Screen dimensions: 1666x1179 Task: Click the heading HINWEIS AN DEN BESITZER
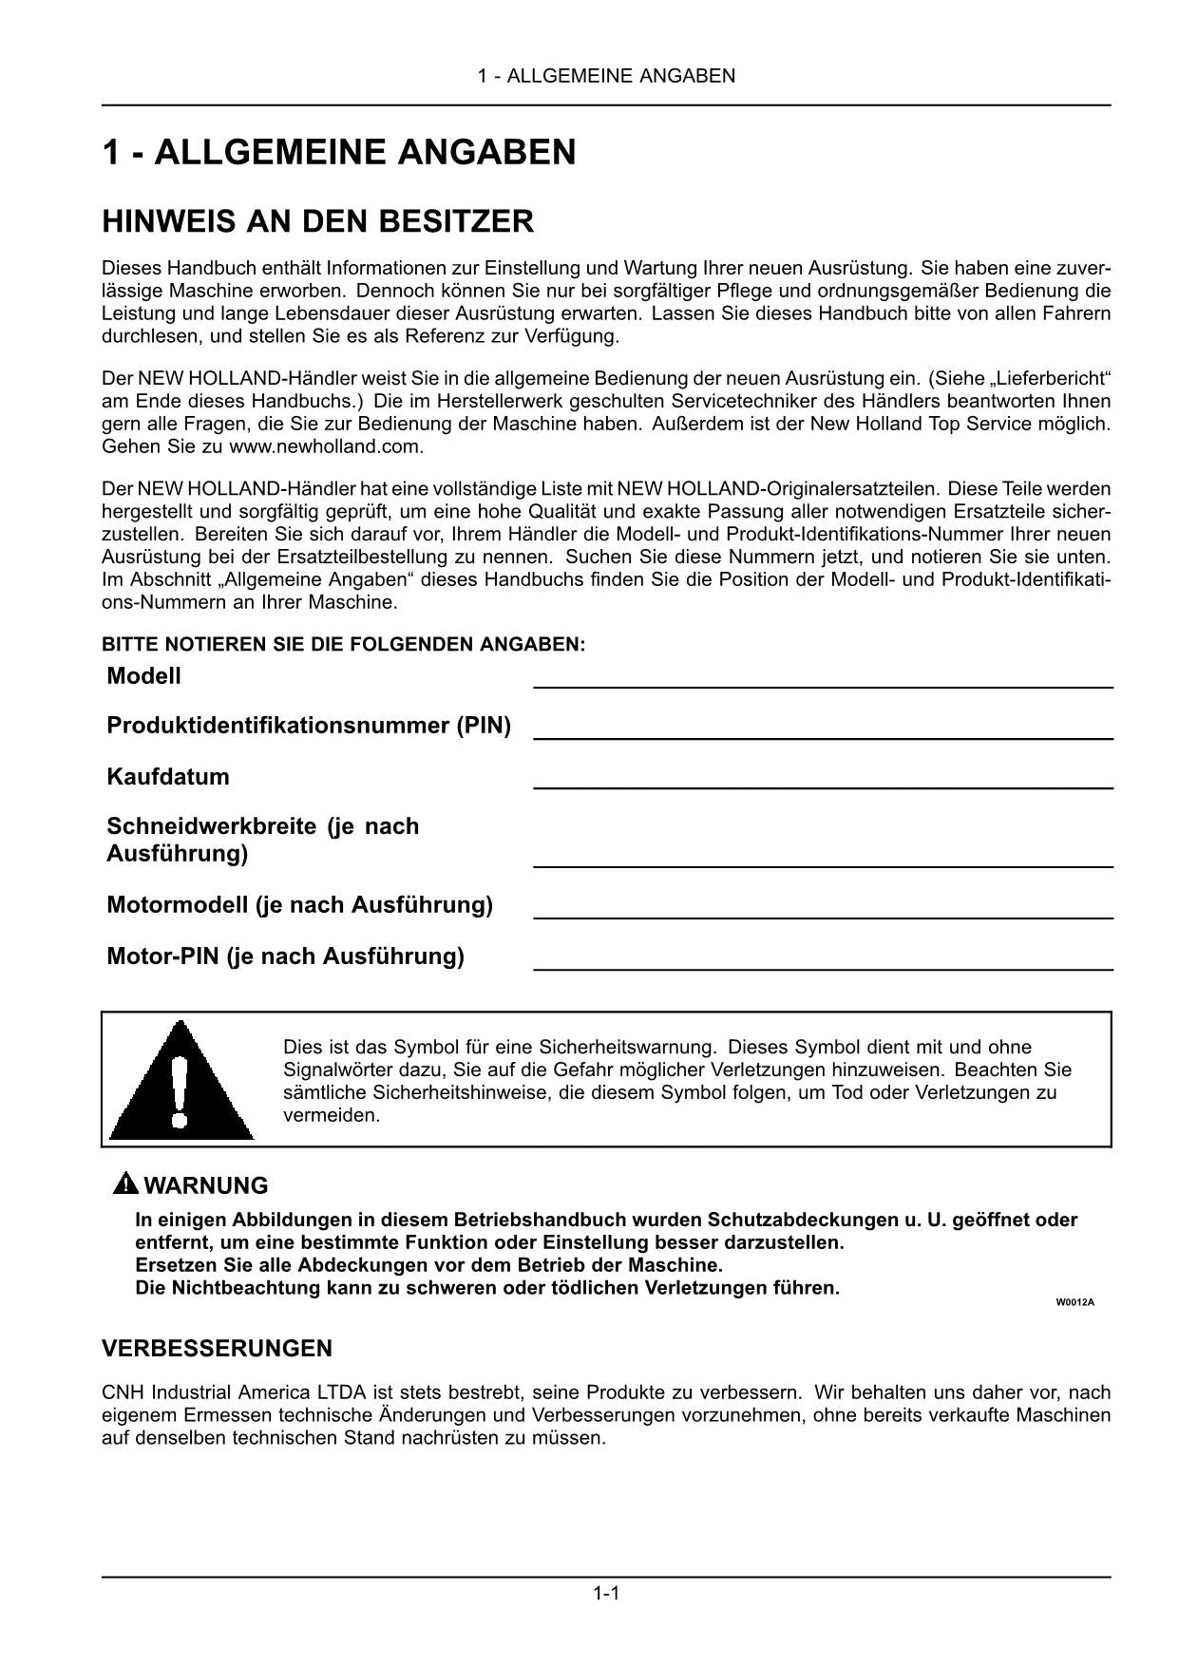(x=317, y=222)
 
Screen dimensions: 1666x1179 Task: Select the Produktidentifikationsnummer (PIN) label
(x=309, y=726)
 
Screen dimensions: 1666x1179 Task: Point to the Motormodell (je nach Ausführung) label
(x=299, y=904)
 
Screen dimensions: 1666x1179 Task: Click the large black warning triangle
(x=181, y=1084)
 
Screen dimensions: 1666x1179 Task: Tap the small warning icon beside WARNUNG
(x=125, y=1183)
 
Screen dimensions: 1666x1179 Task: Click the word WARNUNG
(x=205, y=1185)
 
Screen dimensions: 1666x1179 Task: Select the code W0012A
(x=1074, y=1302)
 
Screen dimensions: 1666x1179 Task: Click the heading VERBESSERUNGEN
(x=217, y=1348)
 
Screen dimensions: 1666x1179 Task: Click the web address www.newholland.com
(x=326, y=446)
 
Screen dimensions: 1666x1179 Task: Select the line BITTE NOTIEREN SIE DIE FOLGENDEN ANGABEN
(x=343, y=644)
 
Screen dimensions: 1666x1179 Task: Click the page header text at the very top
(x=606, y=76)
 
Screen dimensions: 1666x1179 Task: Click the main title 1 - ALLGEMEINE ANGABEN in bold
(x=339, y=152)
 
